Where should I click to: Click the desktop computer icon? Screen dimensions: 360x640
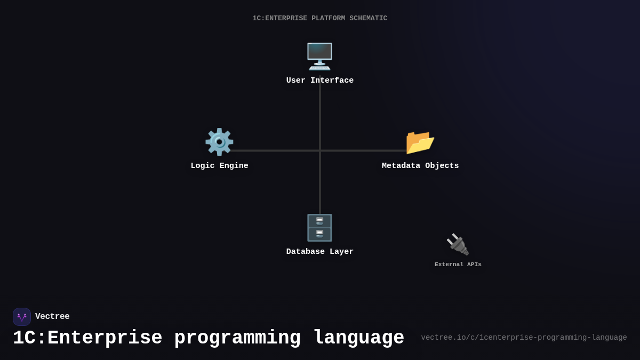pyautogui.click(x=319, y=56)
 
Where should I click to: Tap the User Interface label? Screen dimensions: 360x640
pyautogui.click(x=320, y=81)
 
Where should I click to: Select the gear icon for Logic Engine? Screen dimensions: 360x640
pyautogui.click(x=219, y=142)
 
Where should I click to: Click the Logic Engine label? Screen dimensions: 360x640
pyautogui.click(x=219, y=166)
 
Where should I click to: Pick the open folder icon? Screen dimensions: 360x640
pyautogui.click(x=420, y=142)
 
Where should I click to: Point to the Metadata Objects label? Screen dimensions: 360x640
pyautogui.click(x=420, y=166)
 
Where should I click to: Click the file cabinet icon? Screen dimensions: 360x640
pyautogui.click(x=319, y=228)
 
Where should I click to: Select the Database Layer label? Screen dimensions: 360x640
pyautogui.click(x=320, y=252)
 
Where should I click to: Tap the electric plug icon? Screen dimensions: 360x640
pyautogui.click(x=458, y=245)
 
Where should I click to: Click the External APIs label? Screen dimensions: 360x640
pyautogui.click(x=458, y=265)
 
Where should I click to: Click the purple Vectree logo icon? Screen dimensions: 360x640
pyautogui.click(x=22, y=317)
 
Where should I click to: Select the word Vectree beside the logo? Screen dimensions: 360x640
pyautogui.click(x=52, y=317)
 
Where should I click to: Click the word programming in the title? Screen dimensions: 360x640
pyautogui.click(x=237, y=338)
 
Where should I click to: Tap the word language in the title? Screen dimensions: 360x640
pyautogui.click(x=358, y=338)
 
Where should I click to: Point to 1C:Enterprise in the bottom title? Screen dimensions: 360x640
pyautogui.click(x=87, y=338)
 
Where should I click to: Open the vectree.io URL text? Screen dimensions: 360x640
pyautogui.click(x=524, y=338)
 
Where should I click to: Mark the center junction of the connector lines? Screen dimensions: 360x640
pyautogui.click(x=320, y=150)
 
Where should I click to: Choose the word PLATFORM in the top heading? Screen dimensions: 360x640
pyautogui.click(x=328, y=19)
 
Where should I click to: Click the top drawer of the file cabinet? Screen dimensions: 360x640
pyautogui.click(x=319, y=221)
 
